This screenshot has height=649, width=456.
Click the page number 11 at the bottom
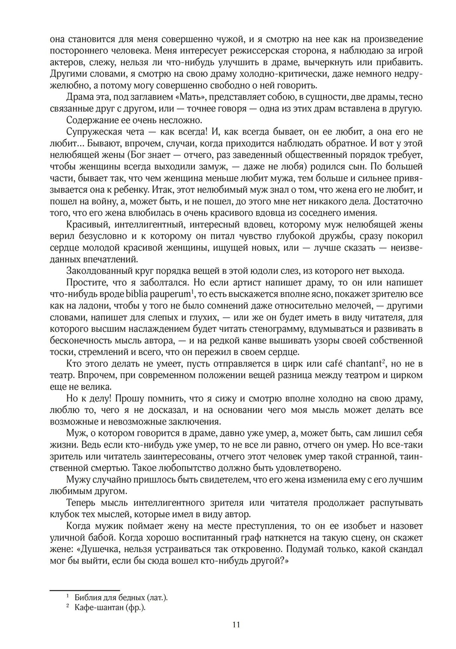tap(236, 624)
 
